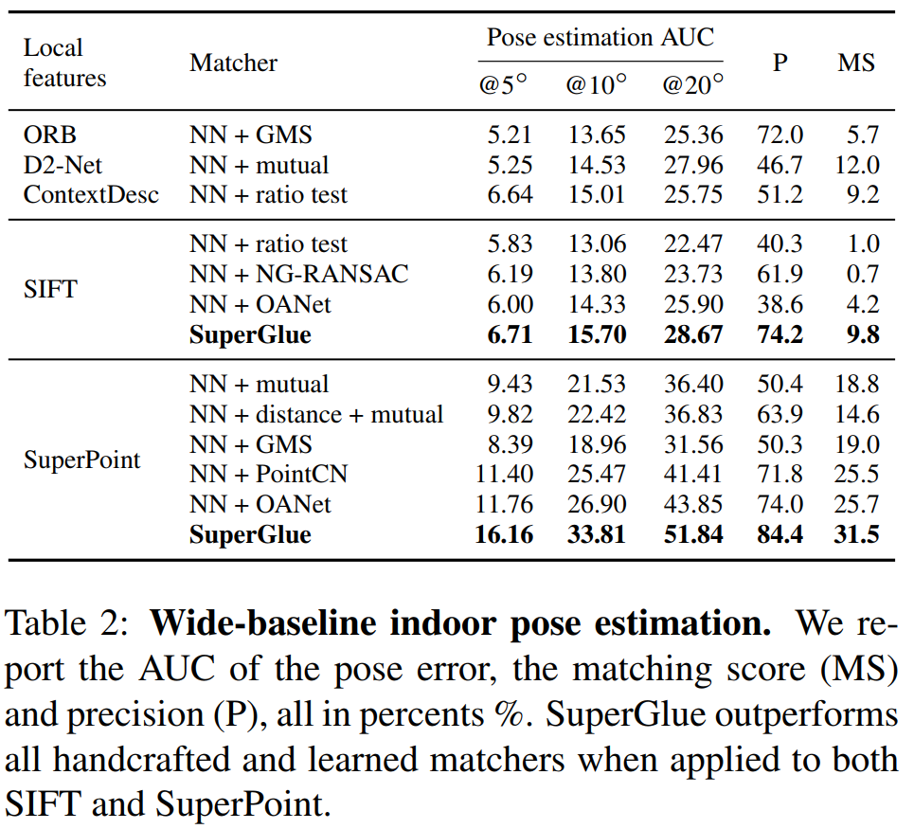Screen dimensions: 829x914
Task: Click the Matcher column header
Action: point(233,63)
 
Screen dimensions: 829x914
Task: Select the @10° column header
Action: point(596,84)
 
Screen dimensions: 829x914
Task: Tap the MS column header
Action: point(856,63)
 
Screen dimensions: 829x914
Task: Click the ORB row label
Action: point(49,135)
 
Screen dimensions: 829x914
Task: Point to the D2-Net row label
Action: point(62,165)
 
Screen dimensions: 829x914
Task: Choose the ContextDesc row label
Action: point(91,194)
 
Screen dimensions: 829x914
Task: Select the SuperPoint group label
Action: point(81,460)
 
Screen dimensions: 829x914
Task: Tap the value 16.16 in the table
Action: point(503,534)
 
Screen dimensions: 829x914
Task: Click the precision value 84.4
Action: point(780,534)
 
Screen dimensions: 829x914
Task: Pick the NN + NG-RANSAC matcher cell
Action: point(298,274)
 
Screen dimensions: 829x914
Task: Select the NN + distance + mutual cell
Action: point(315,414)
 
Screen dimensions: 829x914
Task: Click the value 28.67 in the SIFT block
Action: point(692,333)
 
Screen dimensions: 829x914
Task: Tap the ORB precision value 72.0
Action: point(780,135)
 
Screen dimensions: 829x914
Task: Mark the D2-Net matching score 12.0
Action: point(856,165)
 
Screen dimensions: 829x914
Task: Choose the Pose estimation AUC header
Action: point(600,38)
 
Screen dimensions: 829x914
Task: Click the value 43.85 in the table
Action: point(692,504)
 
